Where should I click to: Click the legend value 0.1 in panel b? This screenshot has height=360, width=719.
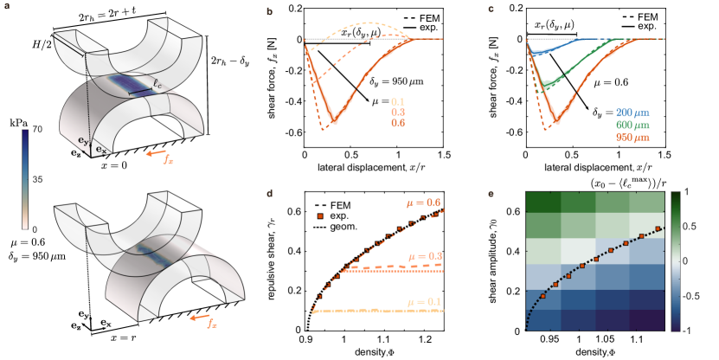click(x=398, y=101)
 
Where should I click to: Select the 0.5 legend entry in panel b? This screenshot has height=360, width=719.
click(x=398, y=123)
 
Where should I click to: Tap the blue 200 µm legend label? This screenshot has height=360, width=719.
click(x=632, y=112)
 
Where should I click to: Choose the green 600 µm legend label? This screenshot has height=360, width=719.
click(x=632, y=125)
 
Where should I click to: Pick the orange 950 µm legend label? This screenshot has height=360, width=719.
click(x=632, y=137)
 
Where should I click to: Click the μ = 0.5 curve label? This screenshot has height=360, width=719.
click(x=424, y=202)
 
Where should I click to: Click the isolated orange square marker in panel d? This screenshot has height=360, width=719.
click(x=319, y=215)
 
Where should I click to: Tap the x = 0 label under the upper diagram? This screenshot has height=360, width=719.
click(x=113, y=164)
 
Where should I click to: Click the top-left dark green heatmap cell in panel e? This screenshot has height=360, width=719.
click(x=544, y=201)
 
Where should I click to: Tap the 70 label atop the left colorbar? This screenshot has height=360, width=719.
click(x=37, y=129)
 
